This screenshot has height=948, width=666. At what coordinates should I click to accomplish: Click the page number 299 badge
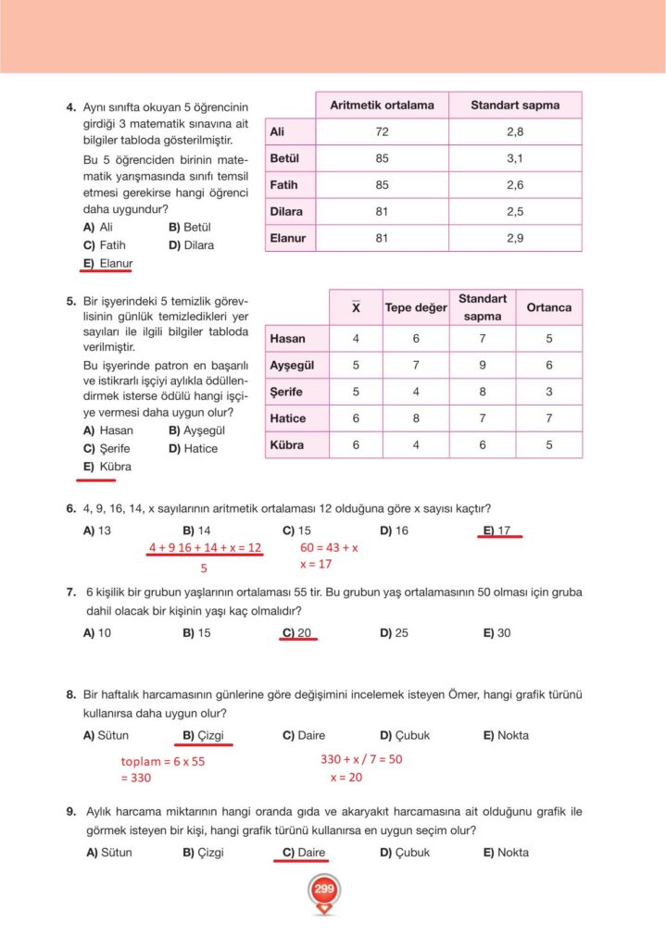(323, 890)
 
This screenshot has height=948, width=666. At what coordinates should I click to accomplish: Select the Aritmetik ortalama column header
(382, 105)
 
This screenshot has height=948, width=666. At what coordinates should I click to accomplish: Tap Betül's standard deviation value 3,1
(515, 158)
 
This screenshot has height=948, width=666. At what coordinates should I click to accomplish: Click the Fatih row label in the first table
(283, 185)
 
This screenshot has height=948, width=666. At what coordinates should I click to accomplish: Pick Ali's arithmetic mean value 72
(382, 132)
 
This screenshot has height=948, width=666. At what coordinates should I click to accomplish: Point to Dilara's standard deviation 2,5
(515, 211)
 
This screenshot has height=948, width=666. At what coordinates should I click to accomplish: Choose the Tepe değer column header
(416, 307)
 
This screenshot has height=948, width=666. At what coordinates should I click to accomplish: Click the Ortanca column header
(549, 307)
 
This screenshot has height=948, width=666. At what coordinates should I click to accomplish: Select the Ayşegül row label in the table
(291, 366)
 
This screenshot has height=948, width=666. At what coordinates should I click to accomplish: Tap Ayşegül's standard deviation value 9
(482, 366)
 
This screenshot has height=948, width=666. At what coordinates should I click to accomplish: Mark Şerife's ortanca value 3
(549, 392)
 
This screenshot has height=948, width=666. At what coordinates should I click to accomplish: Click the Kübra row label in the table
(286, 445)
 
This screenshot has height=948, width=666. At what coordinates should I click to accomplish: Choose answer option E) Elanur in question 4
(108, 264)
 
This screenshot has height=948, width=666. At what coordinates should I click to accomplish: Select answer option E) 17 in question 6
(497, 530)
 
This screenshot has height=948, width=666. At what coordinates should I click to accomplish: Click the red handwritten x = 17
(315, 564)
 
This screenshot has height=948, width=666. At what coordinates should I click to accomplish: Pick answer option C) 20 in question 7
(297, 633)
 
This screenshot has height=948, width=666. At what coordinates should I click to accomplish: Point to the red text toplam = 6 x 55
(163, 761)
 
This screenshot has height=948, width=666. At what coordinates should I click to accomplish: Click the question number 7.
(70, 592)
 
